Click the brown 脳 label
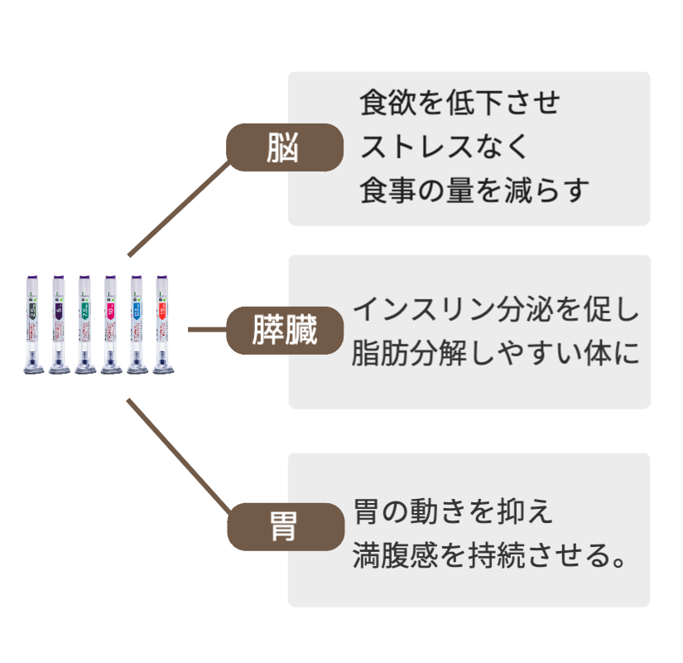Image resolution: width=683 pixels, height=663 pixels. click(285, 148)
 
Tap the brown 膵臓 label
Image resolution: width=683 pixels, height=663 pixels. click(285, 330)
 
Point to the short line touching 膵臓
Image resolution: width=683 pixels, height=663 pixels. click(207, 329)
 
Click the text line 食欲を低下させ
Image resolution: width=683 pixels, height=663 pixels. click(460, 104)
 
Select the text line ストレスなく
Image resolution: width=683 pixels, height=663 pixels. click(444, 148)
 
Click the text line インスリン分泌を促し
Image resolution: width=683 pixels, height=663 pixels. click(497, 309)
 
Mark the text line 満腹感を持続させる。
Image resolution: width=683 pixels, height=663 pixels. click(488, 554)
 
